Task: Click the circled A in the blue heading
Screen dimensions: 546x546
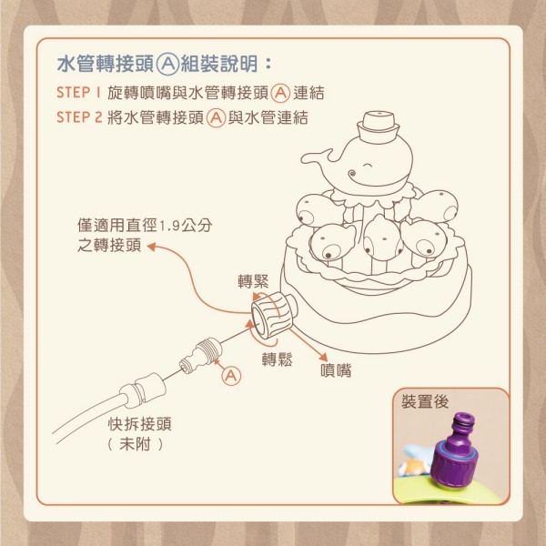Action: click(x=167, y=65)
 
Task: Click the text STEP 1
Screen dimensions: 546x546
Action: click(x=78, y=93)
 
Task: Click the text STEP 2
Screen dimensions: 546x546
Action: click(x=79, y=117)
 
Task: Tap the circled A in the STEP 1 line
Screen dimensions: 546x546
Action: click(x=280, y=94)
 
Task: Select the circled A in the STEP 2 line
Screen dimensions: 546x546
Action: click(x=216, y=118)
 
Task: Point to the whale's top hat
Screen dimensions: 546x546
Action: click(x=379, y=126)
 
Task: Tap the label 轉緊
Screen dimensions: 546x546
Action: click(x=254, y=282)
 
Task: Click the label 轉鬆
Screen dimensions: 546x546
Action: click(x=278, y=359)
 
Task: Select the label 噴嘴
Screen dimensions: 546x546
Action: click(x=336, y=370)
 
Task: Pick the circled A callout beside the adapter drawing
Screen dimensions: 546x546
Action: click(x=231, y=376)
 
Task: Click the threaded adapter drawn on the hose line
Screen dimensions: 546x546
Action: click(x=200, y=355)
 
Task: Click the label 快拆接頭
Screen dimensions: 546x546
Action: click(x=140, y=424)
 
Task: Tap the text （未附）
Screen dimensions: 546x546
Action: click(x=135, y=444)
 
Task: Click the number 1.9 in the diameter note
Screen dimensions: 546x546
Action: click(x=169, y=227)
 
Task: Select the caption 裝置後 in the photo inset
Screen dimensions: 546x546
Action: click(x=425, y=401)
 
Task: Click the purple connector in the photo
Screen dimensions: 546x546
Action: click(x=455, y=450)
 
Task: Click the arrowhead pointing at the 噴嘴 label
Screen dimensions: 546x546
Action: click(x=324, y=358)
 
